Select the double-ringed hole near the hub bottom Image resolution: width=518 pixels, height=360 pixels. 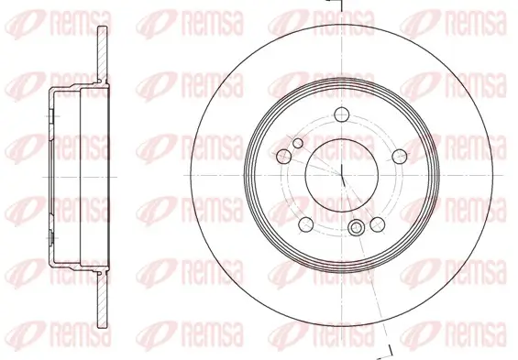pyautogui.click(x=357, y=229)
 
